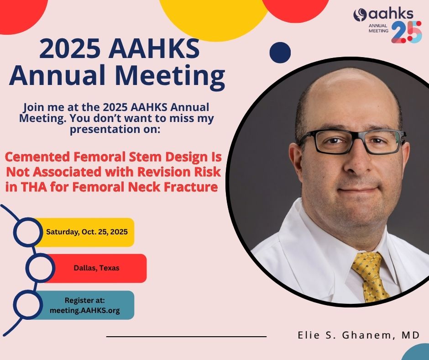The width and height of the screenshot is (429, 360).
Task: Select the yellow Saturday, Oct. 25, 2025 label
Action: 87,232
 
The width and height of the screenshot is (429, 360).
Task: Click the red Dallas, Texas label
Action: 97,268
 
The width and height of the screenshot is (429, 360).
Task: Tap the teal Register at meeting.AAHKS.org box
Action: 85,305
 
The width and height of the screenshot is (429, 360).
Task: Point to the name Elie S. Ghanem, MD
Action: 358,335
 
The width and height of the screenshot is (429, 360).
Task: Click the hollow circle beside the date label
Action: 27,232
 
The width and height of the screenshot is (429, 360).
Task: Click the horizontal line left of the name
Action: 186,337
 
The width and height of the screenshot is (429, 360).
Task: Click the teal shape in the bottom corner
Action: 416,353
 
